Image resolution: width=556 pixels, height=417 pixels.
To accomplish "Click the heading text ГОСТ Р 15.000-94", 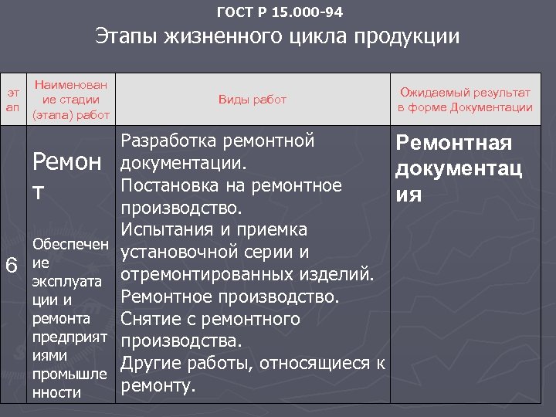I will tap(280, 12).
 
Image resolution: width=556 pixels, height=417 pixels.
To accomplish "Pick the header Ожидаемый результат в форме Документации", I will tap(465, 100).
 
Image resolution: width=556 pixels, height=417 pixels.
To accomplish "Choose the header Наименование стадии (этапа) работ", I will tap(70, 99).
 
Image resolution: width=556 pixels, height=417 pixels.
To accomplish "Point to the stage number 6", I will tap(12, 264).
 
